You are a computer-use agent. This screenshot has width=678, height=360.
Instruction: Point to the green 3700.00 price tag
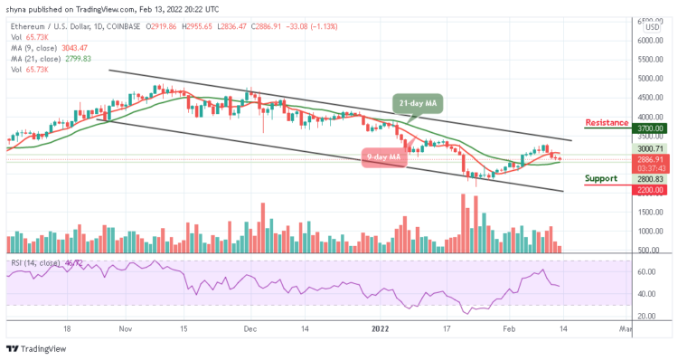tap(649, 129)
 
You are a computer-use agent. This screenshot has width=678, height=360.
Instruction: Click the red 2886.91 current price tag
tap(649, 157)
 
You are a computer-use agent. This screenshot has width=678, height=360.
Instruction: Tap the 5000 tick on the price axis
tap(647, 78)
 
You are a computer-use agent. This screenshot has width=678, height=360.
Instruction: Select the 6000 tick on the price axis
tap(647, 41)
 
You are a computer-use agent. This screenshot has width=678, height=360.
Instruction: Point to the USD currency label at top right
tap(651, 27)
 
